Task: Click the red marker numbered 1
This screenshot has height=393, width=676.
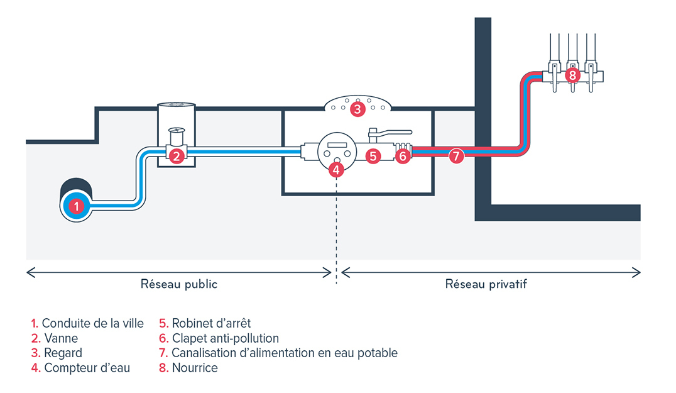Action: (76, 205)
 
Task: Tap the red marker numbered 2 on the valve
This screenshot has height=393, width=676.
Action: (177, 156)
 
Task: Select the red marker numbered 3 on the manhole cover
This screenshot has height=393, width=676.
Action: (357, 109)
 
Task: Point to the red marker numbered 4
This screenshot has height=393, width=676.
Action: (336, 169)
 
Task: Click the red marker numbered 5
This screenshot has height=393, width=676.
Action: (373, 156)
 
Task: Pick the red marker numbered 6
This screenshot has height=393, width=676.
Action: (403, 156)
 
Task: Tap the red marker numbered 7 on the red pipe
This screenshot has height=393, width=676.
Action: (457, 156)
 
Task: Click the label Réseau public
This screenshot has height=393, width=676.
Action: (179, 284)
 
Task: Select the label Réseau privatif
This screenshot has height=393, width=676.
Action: (486, 284)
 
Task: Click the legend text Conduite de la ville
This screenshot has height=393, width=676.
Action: (92, 324)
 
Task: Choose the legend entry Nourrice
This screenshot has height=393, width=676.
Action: (195, 368)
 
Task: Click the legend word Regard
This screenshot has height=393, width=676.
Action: (63, 353)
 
